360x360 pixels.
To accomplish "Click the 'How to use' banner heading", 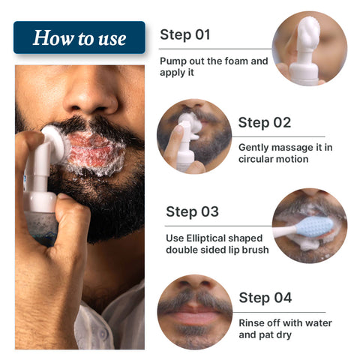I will click(79, 37).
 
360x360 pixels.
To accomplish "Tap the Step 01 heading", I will click(185, 34).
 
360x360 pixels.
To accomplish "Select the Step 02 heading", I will click(264, 122).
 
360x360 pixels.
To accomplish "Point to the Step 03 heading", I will click(192, 211).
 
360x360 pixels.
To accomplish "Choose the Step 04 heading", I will click(265, 298).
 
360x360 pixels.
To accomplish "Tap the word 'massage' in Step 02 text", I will click(291, 147).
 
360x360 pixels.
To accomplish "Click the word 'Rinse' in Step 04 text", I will click(253, 323).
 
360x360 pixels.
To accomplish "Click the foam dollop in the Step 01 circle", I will click(307, 34).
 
